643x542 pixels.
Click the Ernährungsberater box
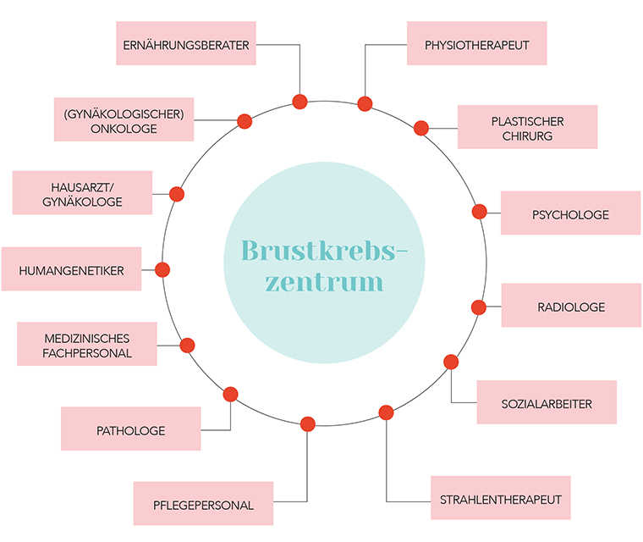[185, 44]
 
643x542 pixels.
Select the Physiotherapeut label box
[476, 44]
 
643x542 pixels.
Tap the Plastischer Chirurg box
[527, 127]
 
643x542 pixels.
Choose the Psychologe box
[570, 213]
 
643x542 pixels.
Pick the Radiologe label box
[571, 306]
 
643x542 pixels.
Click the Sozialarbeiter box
[547, 402]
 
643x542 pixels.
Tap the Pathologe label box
[130, 429]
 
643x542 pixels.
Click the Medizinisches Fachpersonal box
[88, 345]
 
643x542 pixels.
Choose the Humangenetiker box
[71, 269]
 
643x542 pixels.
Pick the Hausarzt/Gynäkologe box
[82, 193]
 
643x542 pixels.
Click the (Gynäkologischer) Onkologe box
[124, 120]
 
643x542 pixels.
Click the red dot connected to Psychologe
[479, 212]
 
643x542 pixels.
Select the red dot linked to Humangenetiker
[162, 270]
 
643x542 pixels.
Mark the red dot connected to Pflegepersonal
[307, 423]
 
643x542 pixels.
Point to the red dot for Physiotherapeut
[365, 104]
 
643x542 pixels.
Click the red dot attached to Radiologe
[478, 307]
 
